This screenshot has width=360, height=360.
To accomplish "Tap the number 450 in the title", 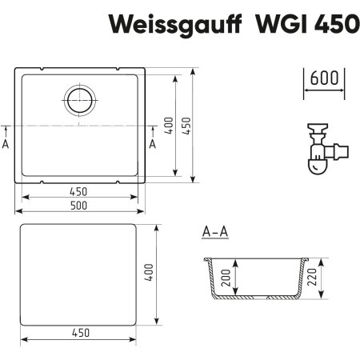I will (333, 25).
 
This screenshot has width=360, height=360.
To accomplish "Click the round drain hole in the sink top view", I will (80, 101).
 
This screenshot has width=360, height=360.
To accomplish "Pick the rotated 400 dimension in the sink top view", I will (169, 126).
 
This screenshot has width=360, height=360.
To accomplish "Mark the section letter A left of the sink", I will (6, 144).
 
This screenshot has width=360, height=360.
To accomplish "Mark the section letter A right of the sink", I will (153, 144).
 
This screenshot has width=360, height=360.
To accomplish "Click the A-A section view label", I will (215, 233).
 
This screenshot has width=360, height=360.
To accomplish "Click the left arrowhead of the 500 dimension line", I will (19, 211).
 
